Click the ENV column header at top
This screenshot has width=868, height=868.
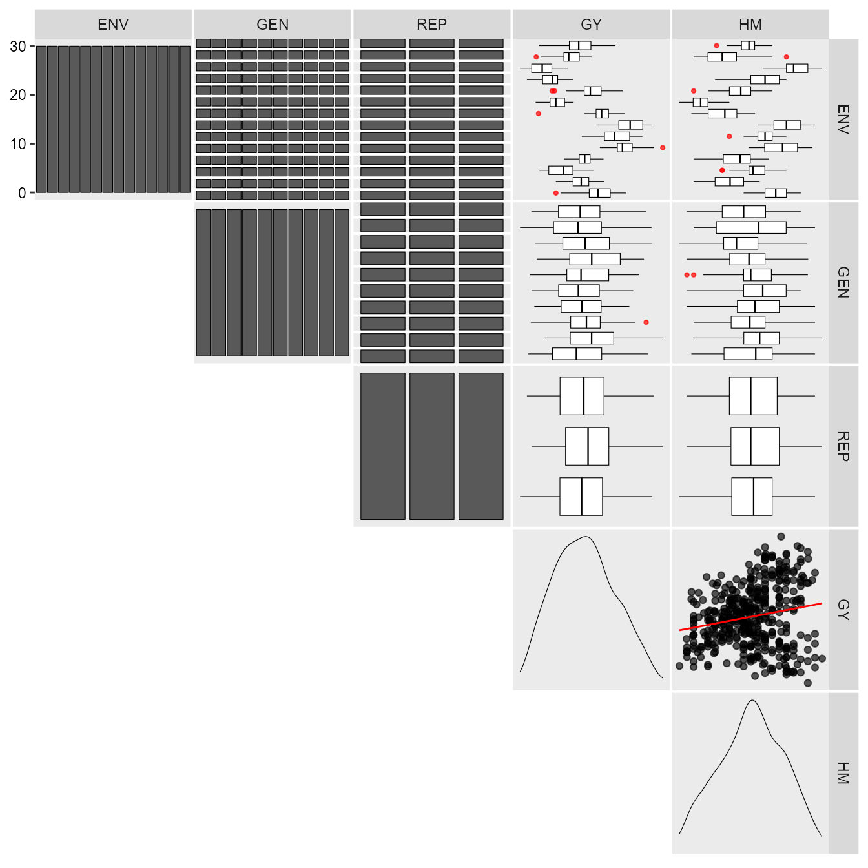tap(113, 25)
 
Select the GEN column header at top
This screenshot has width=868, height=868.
tap(273, 25)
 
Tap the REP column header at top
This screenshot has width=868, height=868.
tap(431, 25)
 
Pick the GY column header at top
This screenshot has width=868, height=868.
tap(591, 25)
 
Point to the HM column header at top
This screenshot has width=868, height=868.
tap(750, 25)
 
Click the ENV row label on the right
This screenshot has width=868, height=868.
tap(843, 119)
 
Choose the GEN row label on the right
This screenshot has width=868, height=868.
tap(843, 282)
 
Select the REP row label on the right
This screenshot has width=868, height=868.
tap(843, 446)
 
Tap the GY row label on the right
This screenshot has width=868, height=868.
tap(843, 610)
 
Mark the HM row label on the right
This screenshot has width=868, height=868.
tap(843, 774)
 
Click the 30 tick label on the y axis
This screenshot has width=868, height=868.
tap(18, 46)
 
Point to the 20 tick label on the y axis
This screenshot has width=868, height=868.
tap(18, 95)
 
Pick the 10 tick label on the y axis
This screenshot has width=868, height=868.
tap(18, 144)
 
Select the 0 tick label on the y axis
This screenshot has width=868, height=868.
tap(22, 193)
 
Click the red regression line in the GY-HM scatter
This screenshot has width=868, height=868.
tap(750, 617)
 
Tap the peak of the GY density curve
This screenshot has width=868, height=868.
tap(586, 537)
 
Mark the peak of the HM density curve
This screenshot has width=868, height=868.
tap(752, 701)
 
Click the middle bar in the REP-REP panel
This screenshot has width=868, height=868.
tap(431, 446)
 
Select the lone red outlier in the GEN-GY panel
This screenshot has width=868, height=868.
tap(646, 322)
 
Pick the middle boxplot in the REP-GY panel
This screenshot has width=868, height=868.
tap(587, 446)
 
